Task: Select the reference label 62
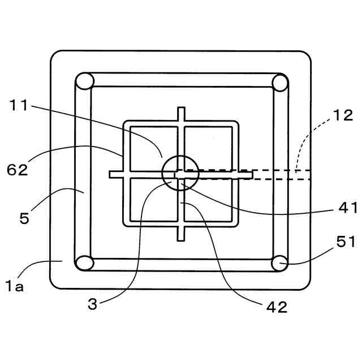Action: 19,169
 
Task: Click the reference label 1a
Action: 15,287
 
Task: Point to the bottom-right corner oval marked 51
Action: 279,262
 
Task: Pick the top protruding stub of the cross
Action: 181,113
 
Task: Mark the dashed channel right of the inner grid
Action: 283,174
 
